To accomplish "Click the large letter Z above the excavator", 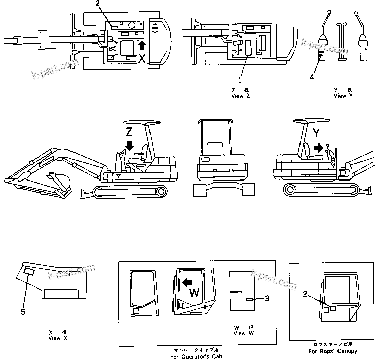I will [130, 132].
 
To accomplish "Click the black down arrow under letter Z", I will [130, 145].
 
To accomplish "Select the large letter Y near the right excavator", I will [317, 133].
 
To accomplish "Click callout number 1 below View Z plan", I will [240, 80].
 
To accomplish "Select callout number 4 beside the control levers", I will [312, 77].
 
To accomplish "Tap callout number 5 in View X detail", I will [23, 312].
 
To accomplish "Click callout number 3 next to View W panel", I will [266, 299].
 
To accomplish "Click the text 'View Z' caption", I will [240, 96].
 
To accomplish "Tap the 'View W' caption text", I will [240, 333].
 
